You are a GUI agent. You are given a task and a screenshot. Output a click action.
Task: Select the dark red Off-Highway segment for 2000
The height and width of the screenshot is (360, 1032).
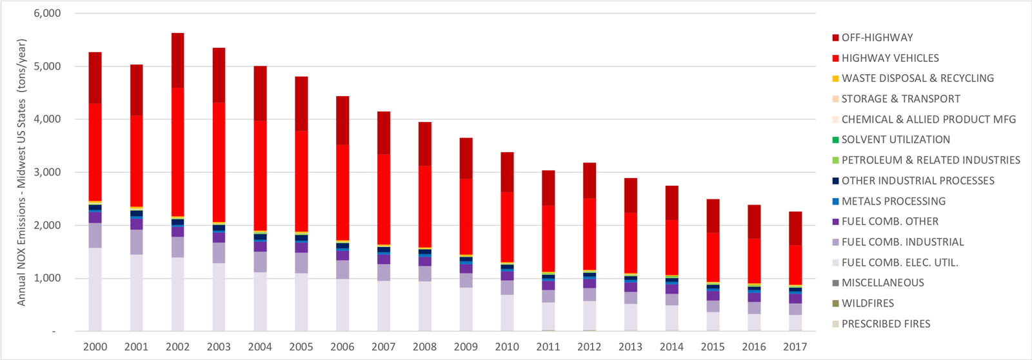95,77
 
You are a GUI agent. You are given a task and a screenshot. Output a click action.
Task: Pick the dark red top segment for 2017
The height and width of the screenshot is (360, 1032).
795,228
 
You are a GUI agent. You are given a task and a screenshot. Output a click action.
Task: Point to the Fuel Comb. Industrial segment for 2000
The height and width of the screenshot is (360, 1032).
95,235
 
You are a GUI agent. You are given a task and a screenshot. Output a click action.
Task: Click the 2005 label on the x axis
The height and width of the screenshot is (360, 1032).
301,347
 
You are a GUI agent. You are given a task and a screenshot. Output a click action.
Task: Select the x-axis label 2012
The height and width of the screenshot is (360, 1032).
589,347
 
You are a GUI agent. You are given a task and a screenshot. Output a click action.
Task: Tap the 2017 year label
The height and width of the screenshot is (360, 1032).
795,347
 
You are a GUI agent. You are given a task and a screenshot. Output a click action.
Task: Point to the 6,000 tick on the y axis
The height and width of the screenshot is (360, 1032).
47,14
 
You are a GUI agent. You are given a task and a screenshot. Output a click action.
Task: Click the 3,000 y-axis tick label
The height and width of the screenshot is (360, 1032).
47,172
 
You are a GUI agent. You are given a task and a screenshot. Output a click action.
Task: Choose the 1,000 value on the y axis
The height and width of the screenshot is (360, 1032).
47,278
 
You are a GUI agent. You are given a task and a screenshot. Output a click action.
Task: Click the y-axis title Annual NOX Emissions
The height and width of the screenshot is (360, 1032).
22,172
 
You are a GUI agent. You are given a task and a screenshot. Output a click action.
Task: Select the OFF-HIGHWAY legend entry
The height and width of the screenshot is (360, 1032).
877,37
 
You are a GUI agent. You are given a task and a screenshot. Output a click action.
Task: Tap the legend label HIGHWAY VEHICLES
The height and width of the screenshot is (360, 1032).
889,58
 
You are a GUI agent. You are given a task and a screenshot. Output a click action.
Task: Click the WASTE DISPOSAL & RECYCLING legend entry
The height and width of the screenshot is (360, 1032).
917,78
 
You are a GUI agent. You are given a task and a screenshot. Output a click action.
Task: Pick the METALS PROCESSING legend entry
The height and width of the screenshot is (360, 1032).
893,201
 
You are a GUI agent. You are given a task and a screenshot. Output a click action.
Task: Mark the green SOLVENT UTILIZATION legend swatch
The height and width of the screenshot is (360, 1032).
835,140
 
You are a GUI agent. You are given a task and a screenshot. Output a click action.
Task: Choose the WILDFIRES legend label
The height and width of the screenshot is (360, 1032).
868,303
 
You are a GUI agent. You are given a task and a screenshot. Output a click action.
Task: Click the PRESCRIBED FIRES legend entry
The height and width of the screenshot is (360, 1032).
886,324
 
